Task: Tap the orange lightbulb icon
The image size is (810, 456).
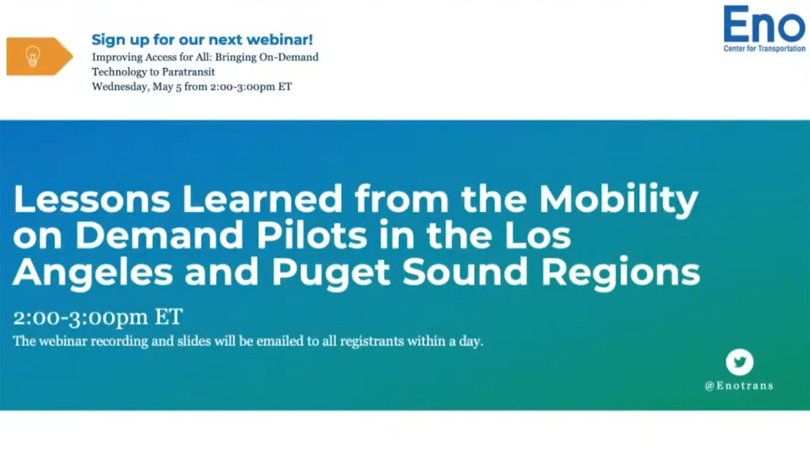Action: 33,56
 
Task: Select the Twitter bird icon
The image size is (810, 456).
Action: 739,362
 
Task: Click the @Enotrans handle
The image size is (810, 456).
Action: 738,386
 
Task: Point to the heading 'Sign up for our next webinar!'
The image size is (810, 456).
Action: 202,39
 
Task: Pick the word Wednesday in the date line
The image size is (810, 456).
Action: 120,87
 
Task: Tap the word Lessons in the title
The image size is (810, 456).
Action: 91,198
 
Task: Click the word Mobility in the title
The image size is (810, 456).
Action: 618,198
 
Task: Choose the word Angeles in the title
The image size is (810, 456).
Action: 92,272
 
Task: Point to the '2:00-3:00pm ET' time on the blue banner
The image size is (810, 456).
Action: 98,317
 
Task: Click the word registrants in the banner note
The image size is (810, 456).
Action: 372,341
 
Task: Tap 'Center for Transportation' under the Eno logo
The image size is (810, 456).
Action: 764,48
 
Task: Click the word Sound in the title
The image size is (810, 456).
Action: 466,272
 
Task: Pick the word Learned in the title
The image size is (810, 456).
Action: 262,198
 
